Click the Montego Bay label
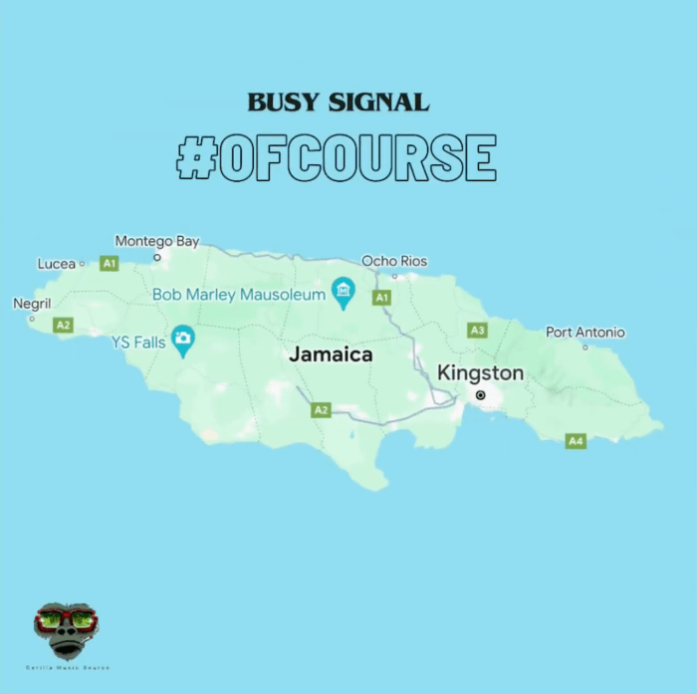156,241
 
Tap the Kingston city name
480,373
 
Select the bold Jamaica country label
331,353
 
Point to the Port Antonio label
584,332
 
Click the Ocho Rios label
393,261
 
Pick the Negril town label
32,304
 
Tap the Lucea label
57,264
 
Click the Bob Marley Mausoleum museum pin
344,291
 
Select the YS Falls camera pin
182,339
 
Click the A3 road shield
477,330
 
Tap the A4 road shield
575,440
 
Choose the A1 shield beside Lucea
110,264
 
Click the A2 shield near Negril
63,325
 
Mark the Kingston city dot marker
480,395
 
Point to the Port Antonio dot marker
584,347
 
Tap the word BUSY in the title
282,102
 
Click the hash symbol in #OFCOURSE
196,157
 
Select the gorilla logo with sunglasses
67,629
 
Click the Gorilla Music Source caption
67,667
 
